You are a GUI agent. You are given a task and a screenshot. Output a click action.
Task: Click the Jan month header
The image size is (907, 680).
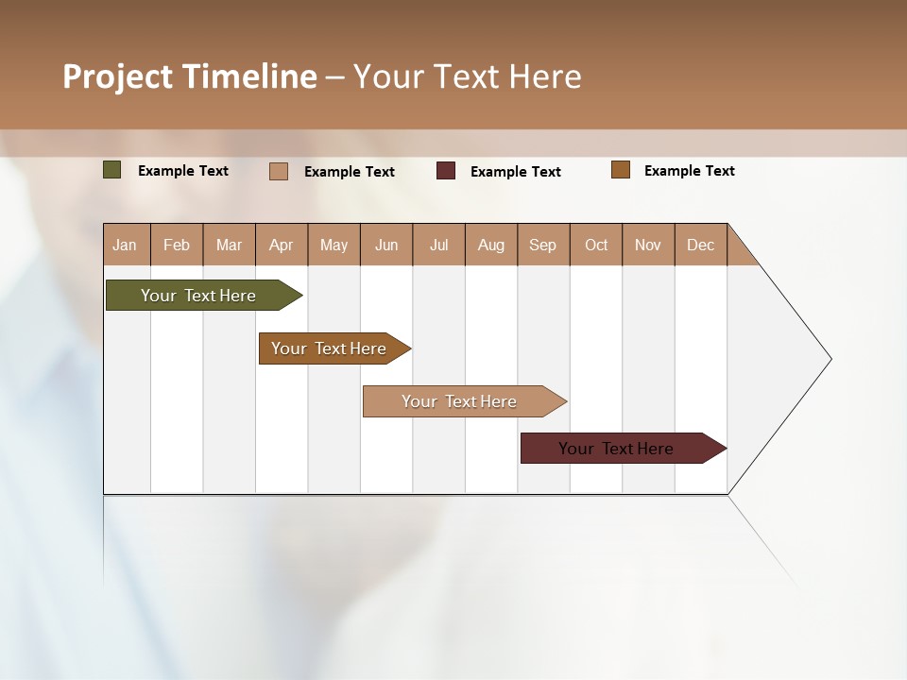coord(126,245)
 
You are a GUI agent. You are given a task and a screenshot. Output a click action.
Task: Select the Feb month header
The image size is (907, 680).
coord(177,245)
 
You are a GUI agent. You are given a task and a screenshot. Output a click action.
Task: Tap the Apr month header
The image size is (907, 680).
coord(282,245)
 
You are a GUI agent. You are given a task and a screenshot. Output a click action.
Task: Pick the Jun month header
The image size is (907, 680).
coord(386,245)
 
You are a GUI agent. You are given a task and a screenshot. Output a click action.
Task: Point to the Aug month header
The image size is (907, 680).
coord(491,245)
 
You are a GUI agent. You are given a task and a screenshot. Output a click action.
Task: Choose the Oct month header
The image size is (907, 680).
coord(596,245)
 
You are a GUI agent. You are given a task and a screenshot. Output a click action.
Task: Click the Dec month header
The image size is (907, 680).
coord(701,245)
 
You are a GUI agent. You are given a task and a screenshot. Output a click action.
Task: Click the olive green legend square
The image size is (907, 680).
coord(111,170)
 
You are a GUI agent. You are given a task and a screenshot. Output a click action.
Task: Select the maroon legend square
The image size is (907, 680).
coord(446,171)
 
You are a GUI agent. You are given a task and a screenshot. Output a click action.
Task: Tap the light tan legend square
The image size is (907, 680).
coord(279,171)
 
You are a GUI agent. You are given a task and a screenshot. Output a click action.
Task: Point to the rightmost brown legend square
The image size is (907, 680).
coord(621,170)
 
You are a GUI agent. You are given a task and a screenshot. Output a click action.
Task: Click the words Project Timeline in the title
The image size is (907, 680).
coord(189,76)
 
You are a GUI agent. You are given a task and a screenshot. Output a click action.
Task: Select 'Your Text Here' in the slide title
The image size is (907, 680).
coord(468,76)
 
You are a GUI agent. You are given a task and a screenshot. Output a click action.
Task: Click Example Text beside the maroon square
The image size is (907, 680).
coord(516,172)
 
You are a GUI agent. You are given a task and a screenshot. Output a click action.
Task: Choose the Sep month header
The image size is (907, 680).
coord(543,245)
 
